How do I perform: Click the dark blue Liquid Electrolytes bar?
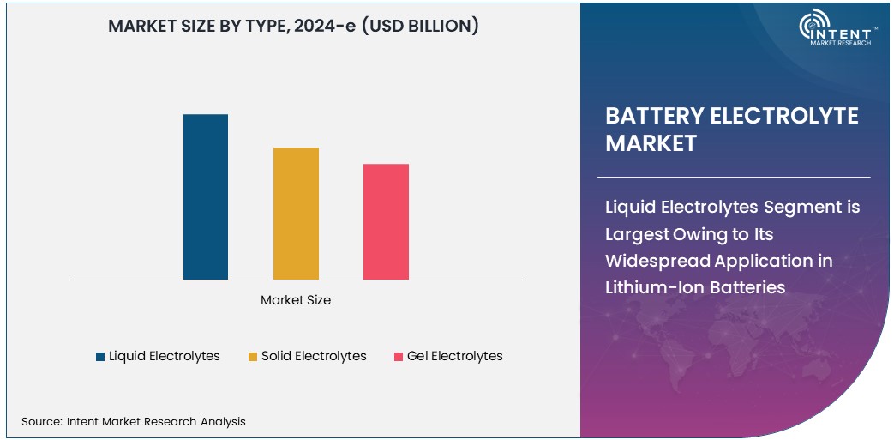tap(206, 196)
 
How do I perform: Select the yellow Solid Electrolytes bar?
tap(296, 214)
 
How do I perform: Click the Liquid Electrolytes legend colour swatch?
tap(100, 357)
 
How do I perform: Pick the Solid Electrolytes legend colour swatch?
tap(253, 357)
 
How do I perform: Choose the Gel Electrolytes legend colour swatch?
tap(399, 357)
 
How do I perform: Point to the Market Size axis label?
tap(296, 300)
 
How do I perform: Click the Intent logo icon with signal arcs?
tap(813, 26)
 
